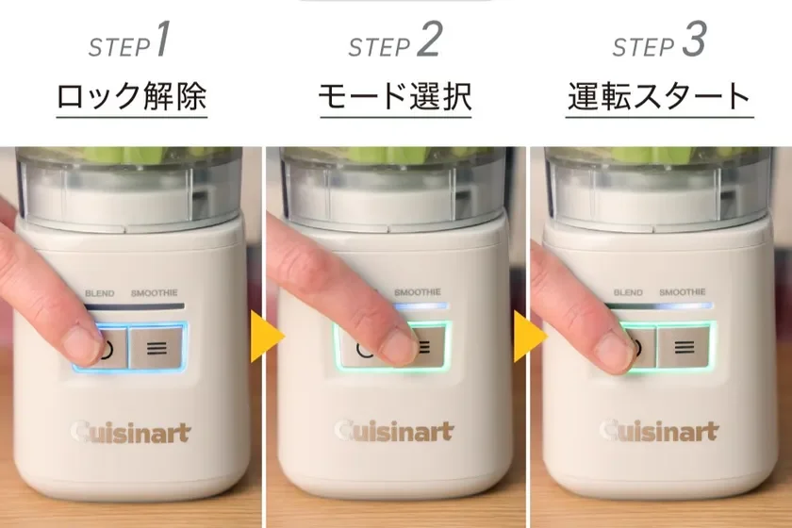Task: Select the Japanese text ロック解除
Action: tap(131, 96)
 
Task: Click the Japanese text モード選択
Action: tap(395, 96)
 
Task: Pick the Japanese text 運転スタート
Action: tap(659, 96)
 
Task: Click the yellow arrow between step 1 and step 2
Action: tap(266, 335)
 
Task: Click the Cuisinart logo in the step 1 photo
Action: tap(131, 433)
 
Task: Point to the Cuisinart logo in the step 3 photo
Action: tap(659, 433)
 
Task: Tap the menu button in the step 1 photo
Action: tap(157, 348)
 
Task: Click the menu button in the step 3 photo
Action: tap(685, 348)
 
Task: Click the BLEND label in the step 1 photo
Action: tap(99, 293)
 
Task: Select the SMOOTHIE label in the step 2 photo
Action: tap(418, 293)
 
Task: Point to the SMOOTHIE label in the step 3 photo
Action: tap(682, 293)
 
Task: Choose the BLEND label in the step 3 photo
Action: tap(628, 293)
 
